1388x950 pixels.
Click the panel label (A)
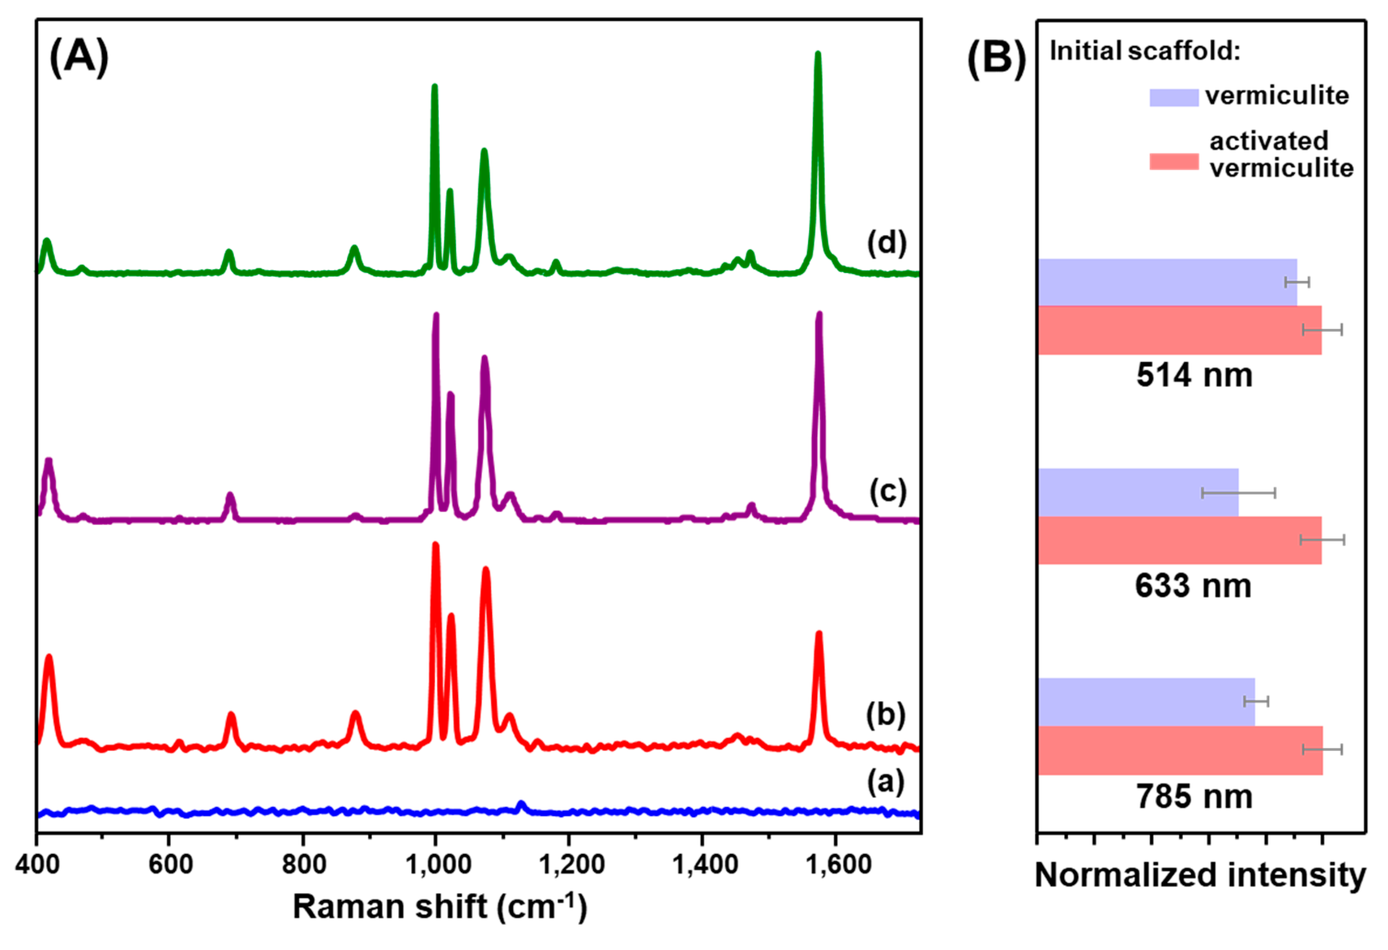79,57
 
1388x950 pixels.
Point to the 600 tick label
170,865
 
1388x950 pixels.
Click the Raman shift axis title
440,906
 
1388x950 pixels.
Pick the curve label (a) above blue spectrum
886,781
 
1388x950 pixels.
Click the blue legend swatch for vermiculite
1174,97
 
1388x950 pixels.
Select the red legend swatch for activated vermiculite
1174,161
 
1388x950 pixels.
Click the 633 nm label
1193,586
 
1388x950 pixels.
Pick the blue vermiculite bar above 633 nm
1138,492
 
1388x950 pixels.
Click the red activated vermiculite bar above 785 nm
1179,751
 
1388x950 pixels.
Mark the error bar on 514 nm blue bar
1297,282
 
